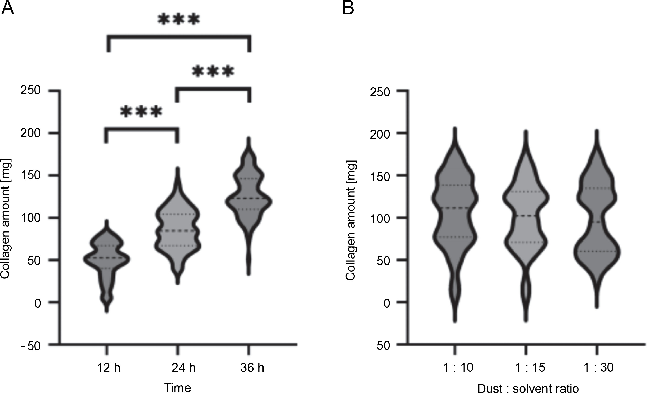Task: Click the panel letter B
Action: (348, 8)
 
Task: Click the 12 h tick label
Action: (109, 368)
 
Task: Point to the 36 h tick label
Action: (252, 368)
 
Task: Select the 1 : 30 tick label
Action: (598, 368)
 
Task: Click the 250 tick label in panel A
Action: (31, 91)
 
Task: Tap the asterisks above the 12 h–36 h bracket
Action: (179, 20)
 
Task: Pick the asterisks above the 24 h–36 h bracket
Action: (213, 72)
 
